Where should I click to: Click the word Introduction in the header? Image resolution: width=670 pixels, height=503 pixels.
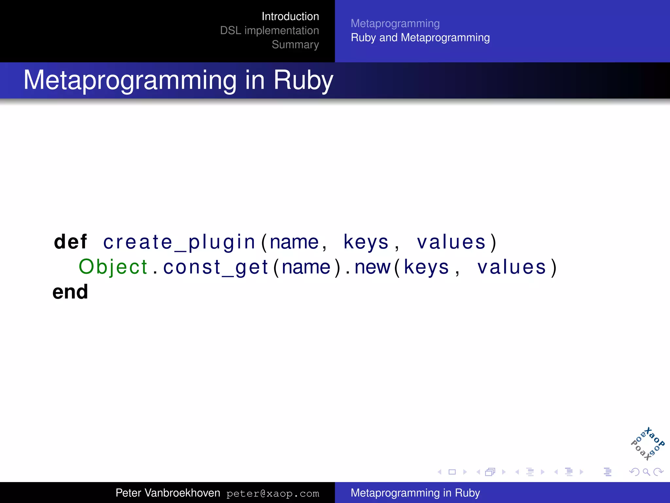click(x=290, y=16)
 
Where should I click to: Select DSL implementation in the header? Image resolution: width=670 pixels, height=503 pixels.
click(x=269, y=30)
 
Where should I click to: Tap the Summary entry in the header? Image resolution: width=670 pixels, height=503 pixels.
click(x=295, y=45)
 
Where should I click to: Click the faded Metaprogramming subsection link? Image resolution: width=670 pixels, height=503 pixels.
click(x=395, y=24)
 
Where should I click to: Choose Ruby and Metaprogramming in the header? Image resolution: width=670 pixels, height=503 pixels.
click(x=420, y=38)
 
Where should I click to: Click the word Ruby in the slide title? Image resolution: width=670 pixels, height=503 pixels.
click(x=303, y=80)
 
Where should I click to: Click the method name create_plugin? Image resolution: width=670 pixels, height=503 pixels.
click(x=179, y=242)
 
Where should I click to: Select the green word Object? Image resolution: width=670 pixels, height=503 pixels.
click(x=113, y=267)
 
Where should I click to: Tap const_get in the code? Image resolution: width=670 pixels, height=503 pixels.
click(x=215, y=267)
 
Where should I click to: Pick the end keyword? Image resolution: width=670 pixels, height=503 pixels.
click(x=70, y=292)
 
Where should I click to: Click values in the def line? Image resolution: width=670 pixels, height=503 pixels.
click(x=451, y=242)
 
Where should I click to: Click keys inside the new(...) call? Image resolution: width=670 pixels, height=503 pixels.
click(x=426, y=267)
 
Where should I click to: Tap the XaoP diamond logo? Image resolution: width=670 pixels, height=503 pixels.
click(x=647, y=444)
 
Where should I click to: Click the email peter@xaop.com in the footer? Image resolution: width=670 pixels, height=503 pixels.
click(x=273, y=494)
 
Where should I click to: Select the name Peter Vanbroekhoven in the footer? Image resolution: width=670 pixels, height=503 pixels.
click(x=167, y=493)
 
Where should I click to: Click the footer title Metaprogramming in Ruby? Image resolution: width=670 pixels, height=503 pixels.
click(x=415, y=493)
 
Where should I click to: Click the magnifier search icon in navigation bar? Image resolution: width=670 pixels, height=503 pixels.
click(x=646, y=472)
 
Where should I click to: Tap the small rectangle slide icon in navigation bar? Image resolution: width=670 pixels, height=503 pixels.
click(x=452, y=472)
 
